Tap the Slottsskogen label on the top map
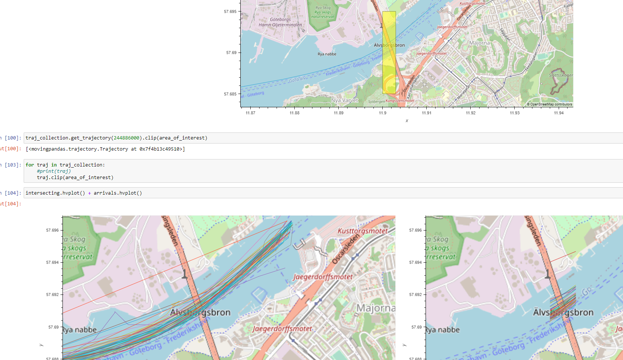[561, 75]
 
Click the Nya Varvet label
[344, 100]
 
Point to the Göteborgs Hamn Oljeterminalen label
[280, 22]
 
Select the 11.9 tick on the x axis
[383, 113]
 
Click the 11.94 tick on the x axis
[559, 113]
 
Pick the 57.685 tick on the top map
[230, 94]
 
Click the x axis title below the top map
[407, 121]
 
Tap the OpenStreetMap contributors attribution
[551, 104]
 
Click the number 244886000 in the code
[126, 138]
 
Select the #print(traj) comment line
[54, 171]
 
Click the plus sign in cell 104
[89, 193]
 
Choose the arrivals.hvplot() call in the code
[118, 193]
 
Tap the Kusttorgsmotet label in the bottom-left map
[362, 231]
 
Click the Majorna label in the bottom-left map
[375, 308]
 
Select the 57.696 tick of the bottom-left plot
[52, 230]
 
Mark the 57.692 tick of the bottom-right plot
[415, 295]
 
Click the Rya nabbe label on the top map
[327, 54]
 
